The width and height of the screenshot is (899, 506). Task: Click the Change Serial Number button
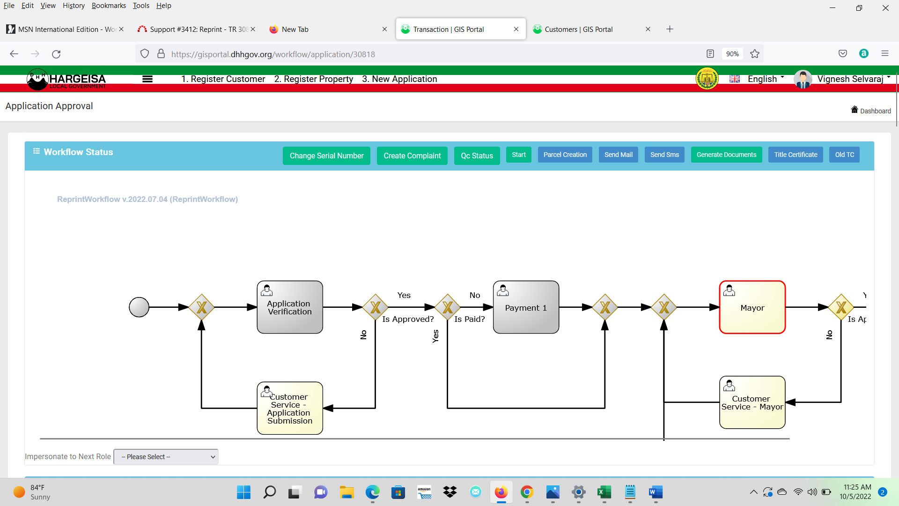point(326,156)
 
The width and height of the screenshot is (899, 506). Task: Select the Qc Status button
point(477,156)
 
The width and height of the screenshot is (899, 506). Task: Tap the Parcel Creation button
point(565,155)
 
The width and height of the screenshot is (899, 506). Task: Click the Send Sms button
point(664,155)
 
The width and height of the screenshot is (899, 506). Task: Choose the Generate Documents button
point(726,155)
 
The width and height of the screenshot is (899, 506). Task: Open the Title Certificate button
point(796,155)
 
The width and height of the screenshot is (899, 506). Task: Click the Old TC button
point(844,155)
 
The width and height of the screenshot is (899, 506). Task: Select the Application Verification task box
point(290,307)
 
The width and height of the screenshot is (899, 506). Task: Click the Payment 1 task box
point(526,307)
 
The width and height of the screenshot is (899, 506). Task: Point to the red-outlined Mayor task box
point(752,307)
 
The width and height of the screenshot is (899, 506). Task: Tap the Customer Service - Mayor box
point(752,402)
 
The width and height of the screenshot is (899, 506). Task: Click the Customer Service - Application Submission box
point(290,408)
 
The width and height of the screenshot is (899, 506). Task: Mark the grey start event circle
point(139,307)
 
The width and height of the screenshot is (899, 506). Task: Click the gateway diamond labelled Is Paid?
point(448,307)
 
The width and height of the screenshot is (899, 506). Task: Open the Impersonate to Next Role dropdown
point(166,457)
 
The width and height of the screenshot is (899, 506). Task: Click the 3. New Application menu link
point(399,79)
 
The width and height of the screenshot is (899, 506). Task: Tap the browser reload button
point(56,54)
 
